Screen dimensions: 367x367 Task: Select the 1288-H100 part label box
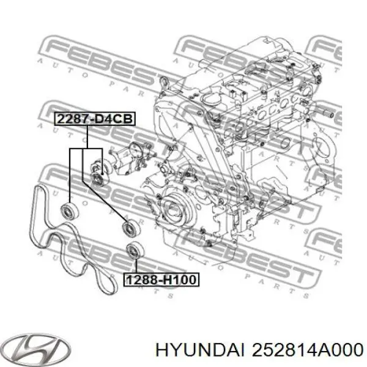[x=162, y=280]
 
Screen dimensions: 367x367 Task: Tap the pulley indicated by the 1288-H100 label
[x=133, y=251]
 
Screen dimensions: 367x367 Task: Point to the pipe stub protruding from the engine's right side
[x=328, y=113]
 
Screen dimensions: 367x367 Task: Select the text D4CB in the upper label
[x=114, y=119]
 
